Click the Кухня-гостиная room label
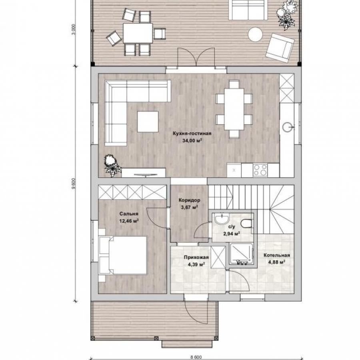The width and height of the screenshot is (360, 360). click(192, 133)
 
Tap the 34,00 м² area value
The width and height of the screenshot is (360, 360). click(192, 140)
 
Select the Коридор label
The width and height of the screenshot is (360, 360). click(190, 200)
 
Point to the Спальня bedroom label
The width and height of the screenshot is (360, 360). click(129, 214)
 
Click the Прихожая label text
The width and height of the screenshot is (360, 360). click(196, 257)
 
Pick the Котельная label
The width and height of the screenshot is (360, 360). click(277, 255)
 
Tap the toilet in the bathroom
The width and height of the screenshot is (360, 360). click(247, 223)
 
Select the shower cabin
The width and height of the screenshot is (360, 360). click(242, 254)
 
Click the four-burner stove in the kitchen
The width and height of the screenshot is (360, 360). click(260, 170)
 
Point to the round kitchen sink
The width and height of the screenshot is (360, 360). click(288, 127)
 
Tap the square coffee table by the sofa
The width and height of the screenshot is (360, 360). click(148, 122)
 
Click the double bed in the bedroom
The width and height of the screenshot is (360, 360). click(123, 255)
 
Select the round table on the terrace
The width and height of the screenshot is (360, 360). click(255, 34)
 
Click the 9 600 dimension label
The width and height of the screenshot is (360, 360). click(74, 184)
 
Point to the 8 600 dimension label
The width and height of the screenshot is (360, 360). click(196, 357)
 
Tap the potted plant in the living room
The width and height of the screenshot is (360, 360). click(112, 165)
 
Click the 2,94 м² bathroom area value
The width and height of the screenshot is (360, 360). click(232, 234)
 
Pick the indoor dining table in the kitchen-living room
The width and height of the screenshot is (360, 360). click(234, 109)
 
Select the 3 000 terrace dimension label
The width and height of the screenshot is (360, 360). click(74, 30)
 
